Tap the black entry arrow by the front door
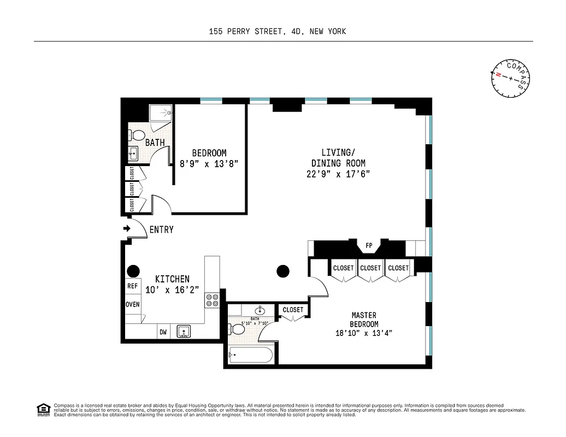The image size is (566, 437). pyautogui.click(x=127, y=228)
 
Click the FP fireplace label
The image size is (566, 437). pyautogui.click(x=369, y=246)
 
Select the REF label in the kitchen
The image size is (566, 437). pyautogui.click(x=133, y=286)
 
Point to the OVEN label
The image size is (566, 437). pyautogui.click(x=133, y=304)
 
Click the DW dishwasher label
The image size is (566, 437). pyautogui.click(x=163, y=331)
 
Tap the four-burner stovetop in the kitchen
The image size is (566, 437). pyautogui.click(x=212, y=300)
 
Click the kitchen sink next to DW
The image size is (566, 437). pyautogui.click(x=184, y=331)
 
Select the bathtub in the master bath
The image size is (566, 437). pyautogui.click(x=250, y=355)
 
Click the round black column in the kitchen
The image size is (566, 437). pyautogui.click(x=133, y=270)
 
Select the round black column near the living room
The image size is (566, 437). pyautogui.click(x=282, y=270)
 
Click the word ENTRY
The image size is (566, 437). pyautogui.click(x=161, y=230)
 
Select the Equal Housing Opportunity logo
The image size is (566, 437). pyautogui.click(x=43, y=409)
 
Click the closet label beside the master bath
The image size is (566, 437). pyautogui.click(x=293, y=310)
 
